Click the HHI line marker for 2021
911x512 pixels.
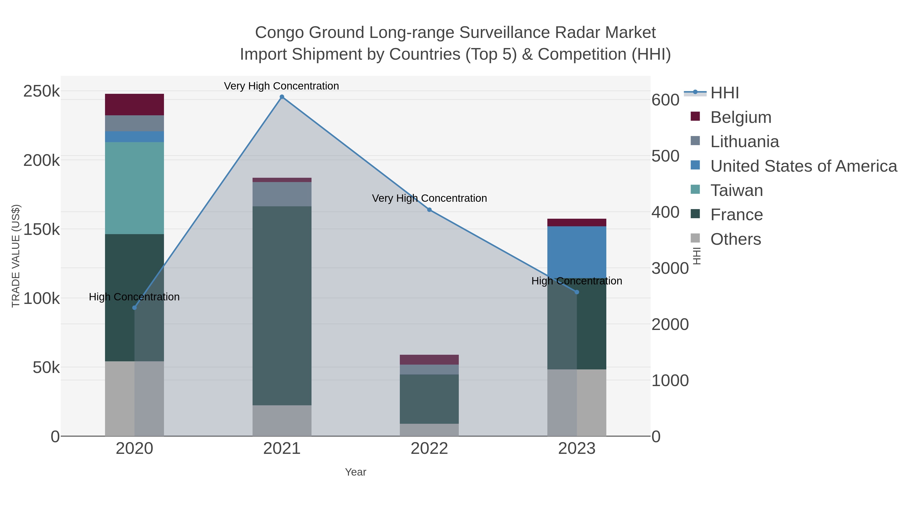282,97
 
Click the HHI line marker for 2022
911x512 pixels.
429,210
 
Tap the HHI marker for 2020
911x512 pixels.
134,308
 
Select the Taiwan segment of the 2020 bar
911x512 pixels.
134,188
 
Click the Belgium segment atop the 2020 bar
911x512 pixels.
134,105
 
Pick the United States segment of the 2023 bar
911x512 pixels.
577,252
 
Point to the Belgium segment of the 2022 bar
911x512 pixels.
429,360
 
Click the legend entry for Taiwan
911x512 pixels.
736,190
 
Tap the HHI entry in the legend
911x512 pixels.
724,93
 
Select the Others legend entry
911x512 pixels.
735,239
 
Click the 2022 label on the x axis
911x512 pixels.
429,449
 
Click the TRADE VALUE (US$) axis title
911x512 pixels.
16,256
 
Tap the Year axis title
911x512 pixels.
356,472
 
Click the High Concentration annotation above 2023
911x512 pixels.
577,281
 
